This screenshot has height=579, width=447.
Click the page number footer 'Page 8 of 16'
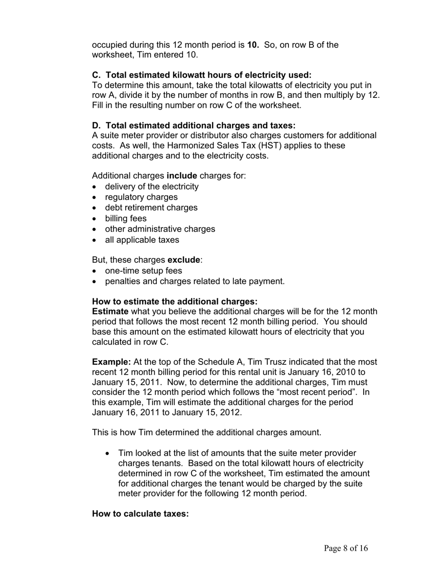tap(345, 548)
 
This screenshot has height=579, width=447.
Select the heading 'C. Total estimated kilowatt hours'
tap(201, 75)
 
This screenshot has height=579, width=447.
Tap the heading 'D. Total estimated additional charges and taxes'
tap(194, 125)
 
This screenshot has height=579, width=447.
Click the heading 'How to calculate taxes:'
tap(140, 513)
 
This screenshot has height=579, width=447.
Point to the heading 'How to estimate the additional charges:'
tap(175, 301)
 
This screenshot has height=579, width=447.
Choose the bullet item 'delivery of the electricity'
tap(152, 186)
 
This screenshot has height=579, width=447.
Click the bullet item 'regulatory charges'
tap(141, 197)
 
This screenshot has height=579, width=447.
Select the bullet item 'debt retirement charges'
tap(151, 208)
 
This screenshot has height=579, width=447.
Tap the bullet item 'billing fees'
tap(126, 218)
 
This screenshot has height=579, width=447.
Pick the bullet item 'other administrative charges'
tap(160, 229)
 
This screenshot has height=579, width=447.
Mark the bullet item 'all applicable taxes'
tap(142, 240)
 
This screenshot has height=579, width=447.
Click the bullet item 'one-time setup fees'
tap(143, 271)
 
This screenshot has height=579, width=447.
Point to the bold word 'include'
tap(182, 176)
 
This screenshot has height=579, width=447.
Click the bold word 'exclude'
tap(184, 260)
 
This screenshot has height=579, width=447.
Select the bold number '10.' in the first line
tap(253, 45)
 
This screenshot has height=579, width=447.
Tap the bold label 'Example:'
tap(112, 362)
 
